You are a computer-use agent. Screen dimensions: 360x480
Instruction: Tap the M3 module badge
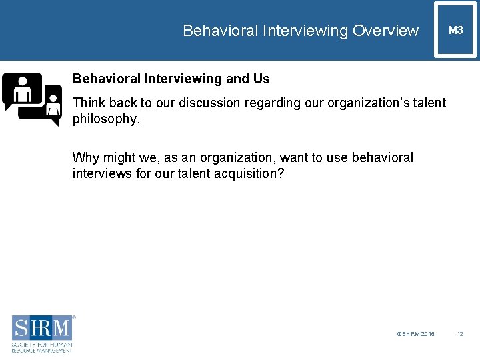[456, 31]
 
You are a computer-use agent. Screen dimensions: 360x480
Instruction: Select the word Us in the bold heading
[261, 79]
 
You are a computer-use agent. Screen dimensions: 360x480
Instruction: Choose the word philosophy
[105, 119]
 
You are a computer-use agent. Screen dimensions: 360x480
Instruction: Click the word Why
[85, 158]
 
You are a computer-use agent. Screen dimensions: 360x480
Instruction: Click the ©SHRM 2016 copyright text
[415, 333]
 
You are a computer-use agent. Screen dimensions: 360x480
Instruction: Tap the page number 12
[459, 333]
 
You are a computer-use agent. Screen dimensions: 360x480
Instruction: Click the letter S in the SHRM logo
[20, 329]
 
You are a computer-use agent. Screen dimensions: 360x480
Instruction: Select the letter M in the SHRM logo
[61, 329]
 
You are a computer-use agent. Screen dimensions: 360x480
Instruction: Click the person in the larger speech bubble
[23, 91]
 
